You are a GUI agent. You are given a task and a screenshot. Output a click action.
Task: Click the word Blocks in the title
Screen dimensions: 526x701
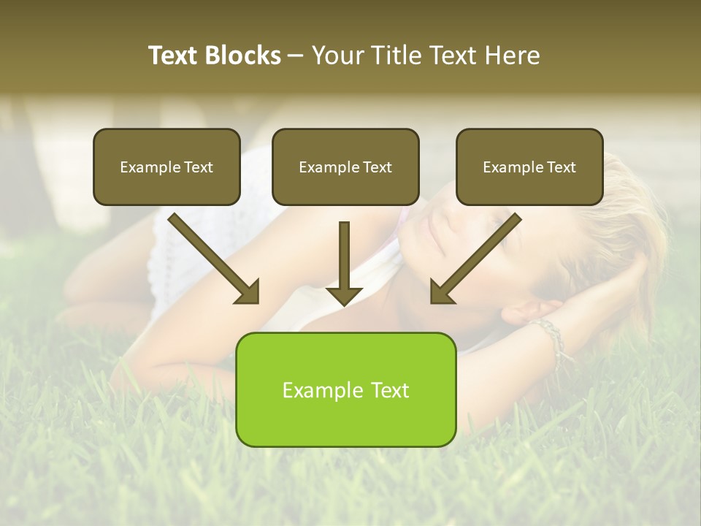coord(242,56)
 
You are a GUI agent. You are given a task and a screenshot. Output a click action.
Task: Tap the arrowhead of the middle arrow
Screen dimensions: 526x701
coord(344,295)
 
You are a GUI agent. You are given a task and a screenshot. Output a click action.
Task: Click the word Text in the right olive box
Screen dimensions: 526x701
coord(562,167)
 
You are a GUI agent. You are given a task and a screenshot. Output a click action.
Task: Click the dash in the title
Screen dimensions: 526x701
coord(296,56)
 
